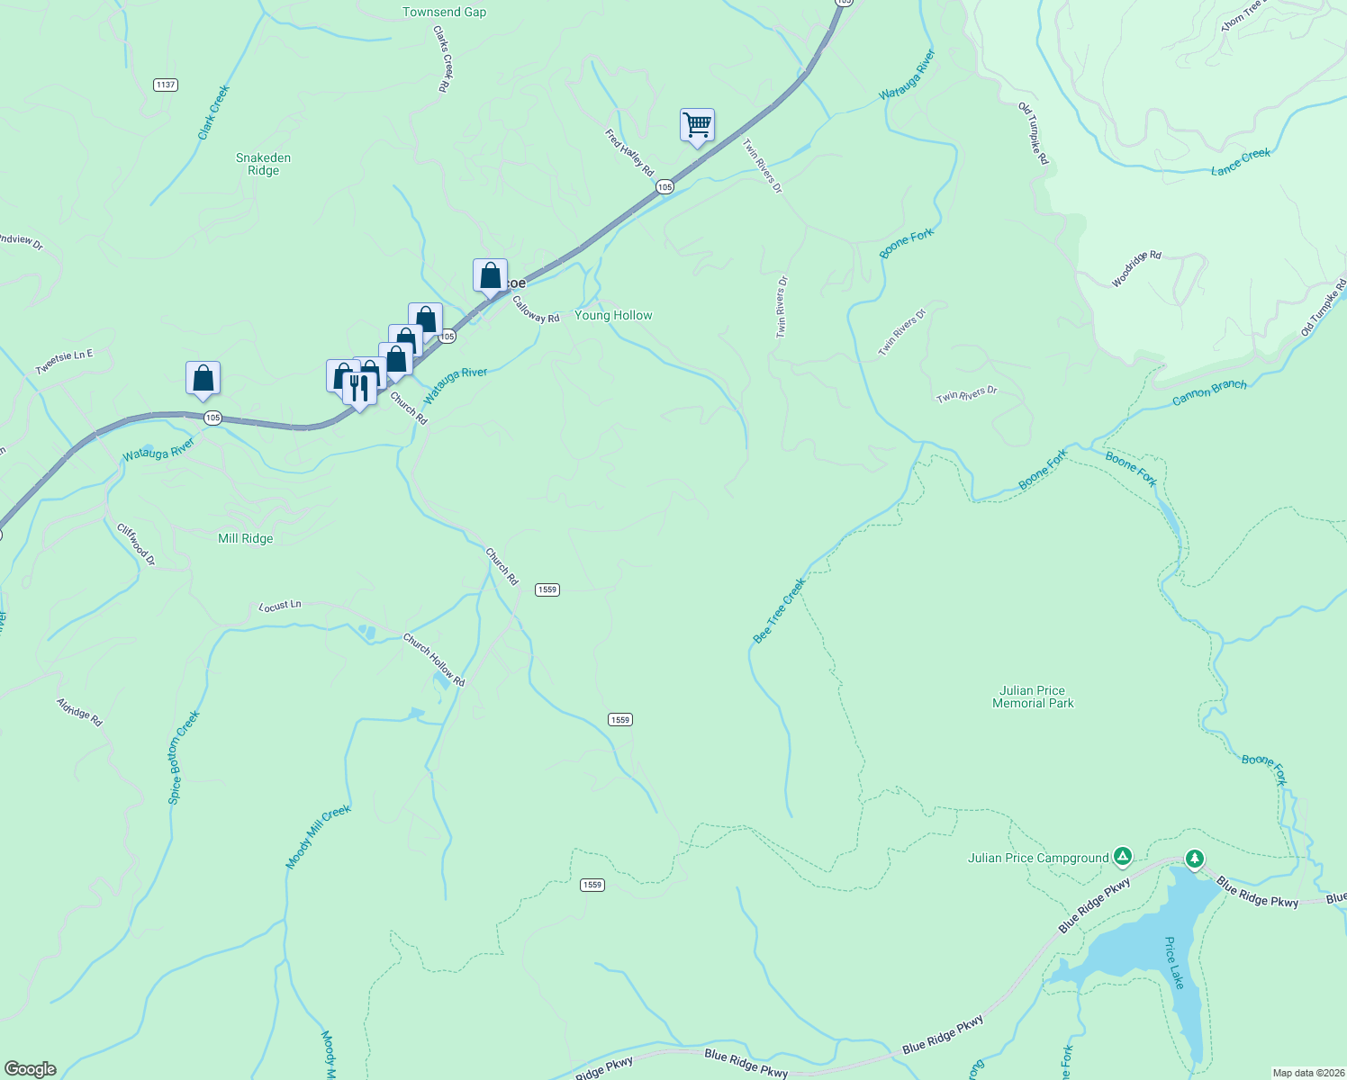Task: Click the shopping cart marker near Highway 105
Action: (697, 125)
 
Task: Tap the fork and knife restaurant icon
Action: (359, 389)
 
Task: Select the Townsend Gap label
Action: (444, 13)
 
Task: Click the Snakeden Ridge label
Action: (263, 164)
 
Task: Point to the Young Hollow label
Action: (613, 316)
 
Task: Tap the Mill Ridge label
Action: (245, 539)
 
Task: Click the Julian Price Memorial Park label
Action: (1033, 697)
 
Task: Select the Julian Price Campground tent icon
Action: (1122, 856)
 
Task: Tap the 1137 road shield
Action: (165, 85)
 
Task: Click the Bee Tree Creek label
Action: (779, 611)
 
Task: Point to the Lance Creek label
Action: (1241, 162)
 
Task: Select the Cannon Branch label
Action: (1209, 392)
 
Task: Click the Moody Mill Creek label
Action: (318, 838)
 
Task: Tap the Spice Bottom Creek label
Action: (184, 757)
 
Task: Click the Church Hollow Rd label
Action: (434, 661)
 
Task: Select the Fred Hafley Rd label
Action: (629, 153)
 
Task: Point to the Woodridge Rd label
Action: (1136, 269)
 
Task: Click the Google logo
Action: (31, 1069)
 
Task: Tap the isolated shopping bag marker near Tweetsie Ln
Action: (203, 378)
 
